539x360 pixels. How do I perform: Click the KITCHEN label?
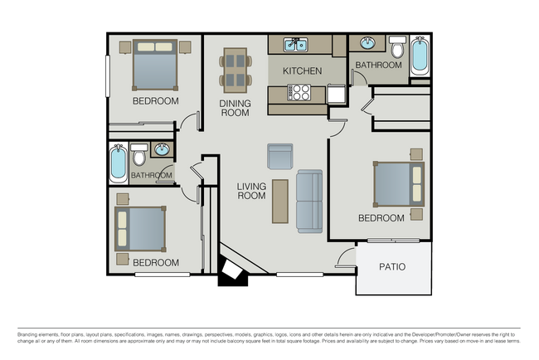point(302,71)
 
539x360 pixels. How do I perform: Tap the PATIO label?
point(392,267)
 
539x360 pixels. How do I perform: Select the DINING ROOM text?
point(235,108)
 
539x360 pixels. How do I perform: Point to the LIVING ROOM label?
point(251,191)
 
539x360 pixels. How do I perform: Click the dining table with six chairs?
point(236,70)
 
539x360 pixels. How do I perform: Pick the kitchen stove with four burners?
point(299,94)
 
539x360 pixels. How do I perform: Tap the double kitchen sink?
point(294,45)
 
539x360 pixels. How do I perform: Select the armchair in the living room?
point(279,156)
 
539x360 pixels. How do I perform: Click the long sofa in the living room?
point(309,202)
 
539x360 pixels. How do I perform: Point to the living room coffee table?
point(280,202)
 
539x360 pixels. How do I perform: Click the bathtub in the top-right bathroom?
point(420,56)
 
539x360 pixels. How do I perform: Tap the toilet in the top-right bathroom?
point(397,48)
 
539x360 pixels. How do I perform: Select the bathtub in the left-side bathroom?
point(119,163)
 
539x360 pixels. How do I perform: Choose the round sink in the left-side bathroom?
point(161,150)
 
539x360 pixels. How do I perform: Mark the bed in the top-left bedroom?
point(154,66)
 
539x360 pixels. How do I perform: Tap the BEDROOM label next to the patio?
point(381,218)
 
